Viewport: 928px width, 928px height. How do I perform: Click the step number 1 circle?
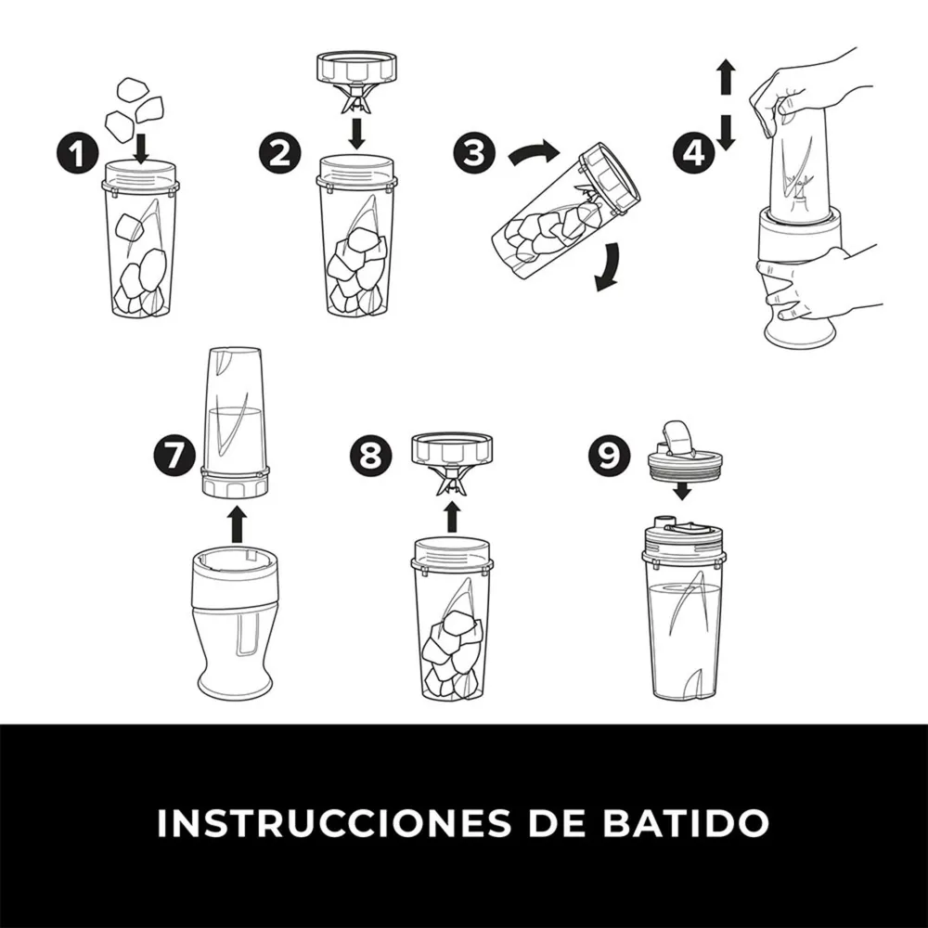click(78, 153)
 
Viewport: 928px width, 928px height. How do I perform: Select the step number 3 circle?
click(474, 152)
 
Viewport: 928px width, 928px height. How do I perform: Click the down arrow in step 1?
click(141, 149)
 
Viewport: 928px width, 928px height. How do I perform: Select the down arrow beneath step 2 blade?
click(355, 134)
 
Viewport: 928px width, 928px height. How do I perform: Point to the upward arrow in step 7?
click(237, 523)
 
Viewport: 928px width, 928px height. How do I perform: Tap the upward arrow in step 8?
click(452, 517)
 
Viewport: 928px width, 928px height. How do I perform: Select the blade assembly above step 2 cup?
click(356, 83)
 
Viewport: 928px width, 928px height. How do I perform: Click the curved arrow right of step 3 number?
click(535, 154)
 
